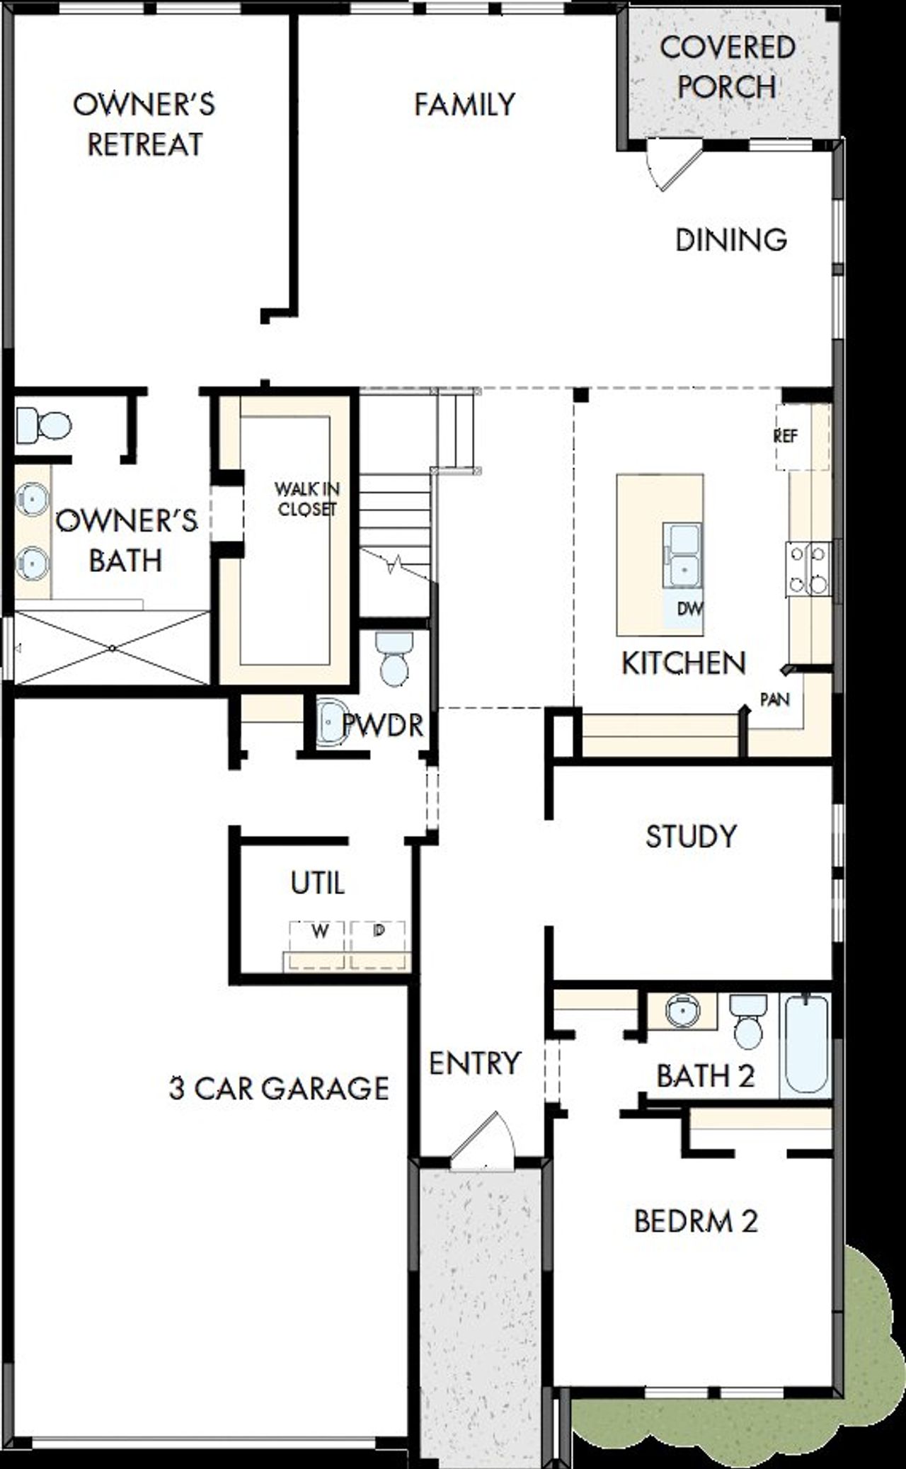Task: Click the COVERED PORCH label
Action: click(728, 67)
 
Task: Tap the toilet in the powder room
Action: click(394, 658)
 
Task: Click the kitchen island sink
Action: click(682, 556)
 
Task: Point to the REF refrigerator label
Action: click(786, 436)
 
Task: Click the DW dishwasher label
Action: click(689, 608)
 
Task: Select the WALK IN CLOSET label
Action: click(307, 498)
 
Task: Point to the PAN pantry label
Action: click(774, 699)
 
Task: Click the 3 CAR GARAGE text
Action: click(279, 1088)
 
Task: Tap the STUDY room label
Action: click(691, 836)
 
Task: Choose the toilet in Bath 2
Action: click(748, 1019)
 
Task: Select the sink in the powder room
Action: click(331, 723)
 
